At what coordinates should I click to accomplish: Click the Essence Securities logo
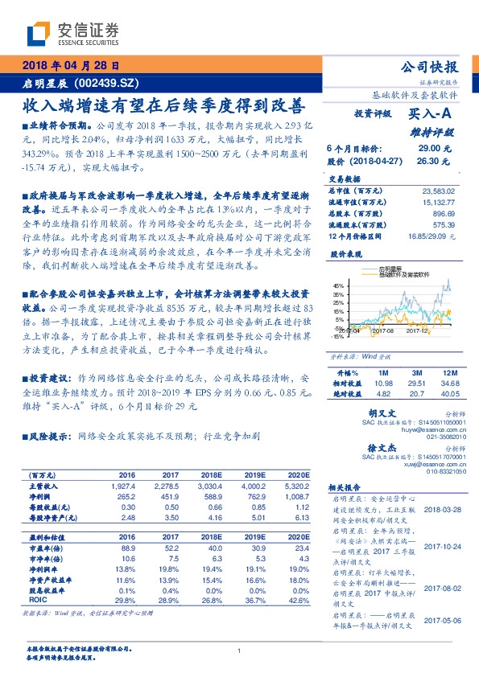pos(73,34)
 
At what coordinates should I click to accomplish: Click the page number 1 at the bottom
pos(239,650)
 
